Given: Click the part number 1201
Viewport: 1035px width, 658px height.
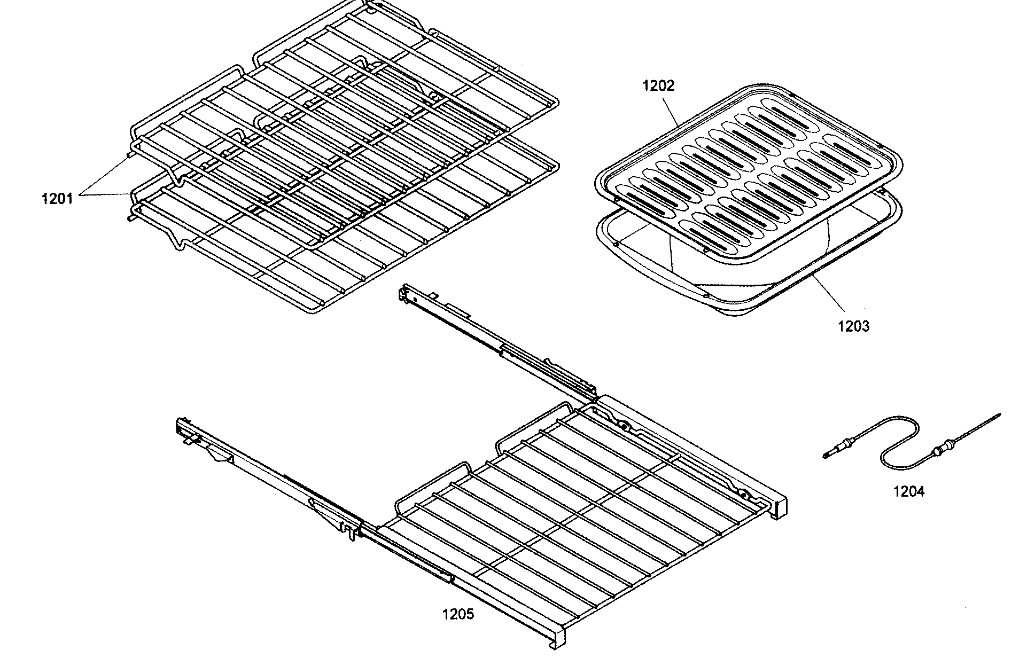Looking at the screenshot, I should click(x=57, y=199).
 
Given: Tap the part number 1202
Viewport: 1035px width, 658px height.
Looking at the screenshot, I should click(x=658, y=85).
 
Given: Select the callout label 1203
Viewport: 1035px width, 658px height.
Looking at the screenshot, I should click(x=853, y=326).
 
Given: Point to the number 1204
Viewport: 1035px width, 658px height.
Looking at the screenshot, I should click(x=908, y=491).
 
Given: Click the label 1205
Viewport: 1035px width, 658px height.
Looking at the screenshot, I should click(x=458, y=614).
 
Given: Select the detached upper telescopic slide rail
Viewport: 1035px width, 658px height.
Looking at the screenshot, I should click(x=497, y=342).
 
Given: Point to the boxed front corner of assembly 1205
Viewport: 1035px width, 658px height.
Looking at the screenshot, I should click(x=558, y=638).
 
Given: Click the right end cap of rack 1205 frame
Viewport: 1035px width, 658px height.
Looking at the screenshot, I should click(x=780, y=507).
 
